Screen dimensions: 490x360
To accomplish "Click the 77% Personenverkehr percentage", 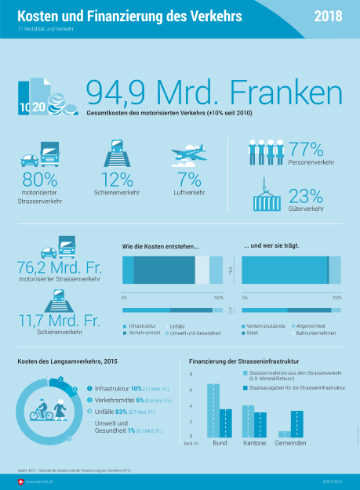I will tap(306, 149).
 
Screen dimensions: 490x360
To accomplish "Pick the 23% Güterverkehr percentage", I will tap(306, 195).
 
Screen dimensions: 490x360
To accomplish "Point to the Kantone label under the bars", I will tap(253, 443).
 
